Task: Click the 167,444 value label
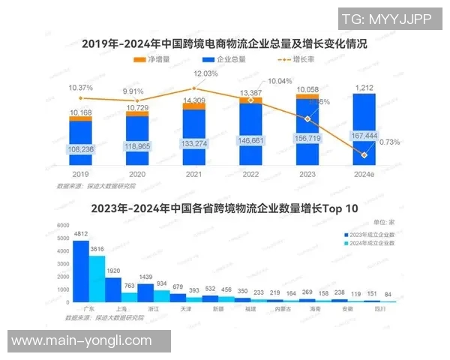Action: [364, 136]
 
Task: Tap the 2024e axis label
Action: [364, 172]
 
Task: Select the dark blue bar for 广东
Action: [80, 271]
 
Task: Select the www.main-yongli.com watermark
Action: [82, 340]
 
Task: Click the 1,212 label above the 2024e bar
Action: [364, 88]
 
